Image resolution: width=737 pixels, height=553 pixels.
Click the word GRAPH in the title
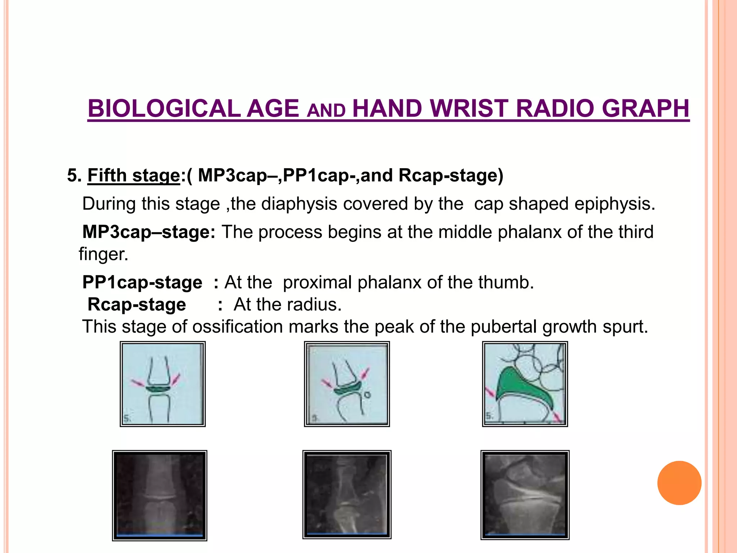[646, 108]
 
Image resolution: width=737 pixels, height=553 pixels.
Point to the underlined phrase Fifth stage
[134, 176]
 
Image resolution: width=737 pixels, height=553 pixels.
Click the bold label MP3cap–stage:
[149, 232]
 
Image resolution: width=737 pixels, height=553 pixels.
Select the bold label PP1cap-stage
[142, 282]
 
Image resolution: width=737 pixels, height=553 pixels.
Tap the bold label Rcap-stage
[137, 305]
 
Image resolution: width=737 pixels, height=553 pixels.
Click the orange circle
[679, 483]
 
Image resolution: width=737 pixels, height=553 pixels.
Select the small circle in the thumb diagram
[367, 395]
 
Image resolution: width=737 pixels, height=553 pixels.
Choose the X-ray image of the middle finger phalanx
[159, 495]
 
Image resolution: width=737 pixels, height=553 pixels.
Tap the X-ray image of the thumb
[347, 494]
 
